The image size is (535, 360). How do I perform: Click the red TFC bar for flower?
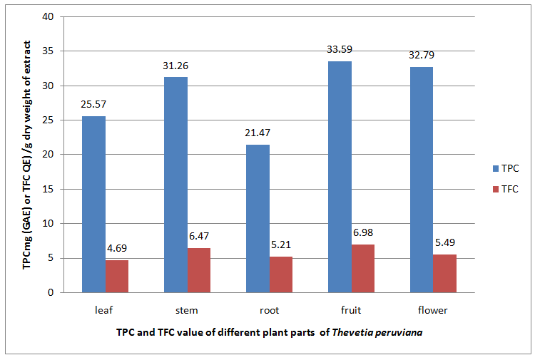pos(444,273)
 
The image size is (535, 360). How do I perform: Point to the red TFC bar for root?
pos(280,274)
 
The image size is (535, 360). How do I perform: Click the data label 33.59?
pos(340,49)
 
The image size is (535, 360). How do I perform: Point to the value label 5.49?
pos(444,242)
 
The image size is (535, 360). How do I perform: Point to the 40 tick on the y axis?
pos(49,17)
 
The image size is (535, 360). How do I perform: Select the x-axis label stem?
pos(187,310)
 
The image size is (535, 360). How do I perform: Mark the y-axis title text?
pos(26,153)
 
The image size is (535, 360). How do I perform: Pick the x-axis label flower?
pos(433,310)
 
